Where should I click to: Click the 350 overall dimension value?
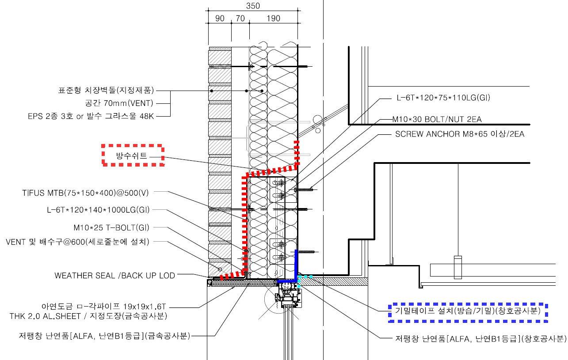[253, 6]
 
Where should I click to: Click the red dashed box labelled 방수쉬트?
[133, 155]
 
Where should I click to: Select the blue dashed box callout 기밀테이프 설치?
[468, 311]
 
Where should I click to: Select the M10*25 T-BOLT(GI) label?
[111, 228]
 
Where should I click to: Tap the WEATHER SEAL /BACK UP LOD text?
[114, 275]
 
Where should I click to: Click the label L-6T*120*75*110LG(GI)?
[442, 98]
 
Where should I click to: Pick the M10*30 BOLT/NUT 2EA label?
[437, 119]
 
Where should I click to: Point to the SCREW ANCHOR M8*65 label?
[460, 134]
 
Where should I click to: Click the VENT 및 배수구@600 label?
[77, 242]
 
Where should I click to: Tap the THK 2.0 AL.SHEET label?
[88, 316]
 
